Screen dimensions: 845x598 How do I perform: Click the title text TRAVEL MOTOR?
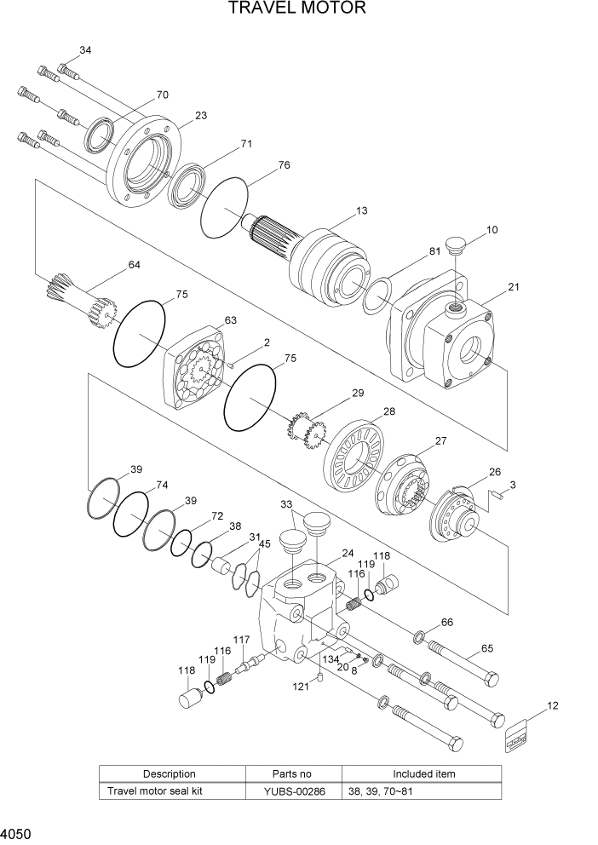pyautogui.click(x=297, y=9)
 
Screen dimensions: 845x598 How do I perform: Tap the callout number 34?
pyautogui.click(x=85, y=51)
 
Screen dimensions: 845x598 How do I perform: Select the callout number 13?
pyautogui.click(x=362, y=210)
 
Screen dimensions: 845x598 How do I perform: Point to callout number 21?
pyautogui.click(x=513, y=287)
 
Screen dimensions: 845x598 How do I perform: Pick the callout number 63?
pyautogui.click(x=230, y=320)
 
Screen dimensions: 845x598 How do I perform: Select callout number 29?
pyautogui.click(x=357, y=393)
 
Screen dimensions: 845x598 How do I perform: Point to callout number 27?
pyautogui.click(x=440, y=441)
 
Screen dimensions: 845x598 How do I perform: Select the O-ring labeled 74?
pyautogui.click(x=132, y=514)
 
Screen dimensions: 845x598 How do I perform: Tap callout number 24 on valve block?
pyautogui.click(x=348, y=553)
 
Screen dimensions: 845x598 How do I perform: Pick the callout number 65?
pyautogui.click(x=487, y=648)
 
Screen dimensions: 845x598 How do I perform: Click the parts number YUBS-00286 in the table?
pyautogui.click(x=292, y=790)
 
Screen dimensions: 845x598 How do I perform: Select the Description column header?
pyautogui.click(x=169, y=773)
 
